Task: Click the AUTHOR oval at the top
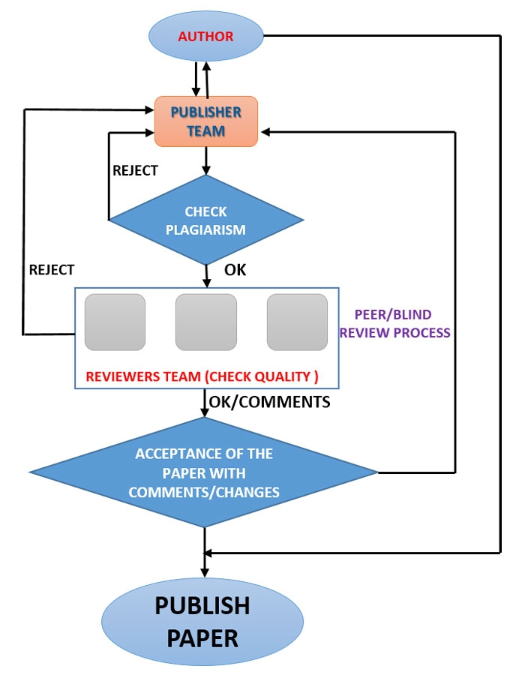tap(205, 36)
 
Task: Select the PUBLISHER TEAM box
tap(206, 121)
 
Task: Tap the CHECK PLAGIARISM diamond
tap(206, 220)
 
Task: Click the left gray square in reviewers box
tap(115, 322)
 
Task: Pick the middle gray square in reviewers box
tap(206, 322)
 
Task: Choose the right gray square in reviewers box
tap(297, 322)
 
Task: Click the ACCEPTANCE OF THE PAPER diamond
tap(204, 473)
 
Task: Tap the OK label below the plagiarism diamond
tap(235, 268)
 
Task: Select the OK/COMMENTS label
tap(269, 402)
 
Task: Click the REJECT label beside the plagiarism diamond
tap(135, 170)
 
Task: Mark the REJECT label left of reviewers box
tap(51, 268)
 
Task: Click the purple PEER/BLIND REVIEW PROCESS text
tap(395, 322)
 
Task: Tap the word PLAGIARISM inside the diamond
tap(206, 230)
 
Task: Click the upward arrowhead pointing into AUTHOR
tap(208, 64)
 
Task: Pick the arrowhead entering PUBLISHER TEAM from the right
tap(264, 132)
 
